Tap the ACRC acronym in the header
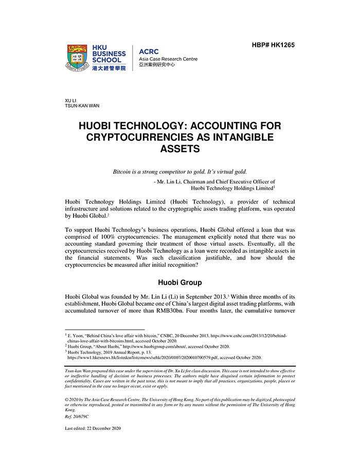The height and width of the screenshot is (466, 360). pyautogui.click(x=149, y=51)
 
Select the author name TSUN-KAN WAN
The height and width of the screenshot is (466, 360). pyautogui.click(x=82, y=106)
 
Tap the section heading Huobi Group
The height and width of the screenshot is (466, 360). pyautogui.click(x=180, y=282)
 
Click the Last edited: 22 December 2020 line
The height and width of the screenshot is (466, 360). pyautogui.click(x=93, y=428)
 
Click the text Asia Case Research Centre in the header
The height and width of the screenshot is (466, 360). pyautogui.click(x=168, y=59)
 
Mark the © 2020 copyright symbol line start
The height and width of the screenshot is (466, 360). pyautogui.click(x=67, y=399)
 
